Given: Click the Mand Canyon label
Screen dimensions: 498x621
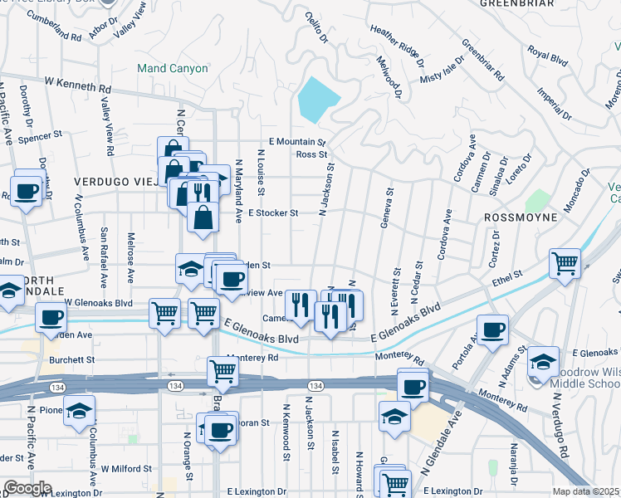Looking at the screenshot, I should [173, 68].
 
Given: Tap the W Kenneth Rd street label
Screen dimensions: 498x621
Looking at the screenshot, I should [78, 85].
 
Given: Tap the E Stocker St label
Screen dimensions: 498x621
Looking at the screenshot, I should [271, 213].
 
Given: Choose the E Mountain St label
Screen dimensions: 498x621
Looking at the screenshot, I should [294, 142].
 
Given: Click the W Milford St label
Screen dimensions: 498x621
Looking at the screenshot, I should [125, 468].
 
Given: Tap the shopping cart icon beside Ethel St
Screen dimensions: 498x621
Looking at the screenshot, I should [565, 262].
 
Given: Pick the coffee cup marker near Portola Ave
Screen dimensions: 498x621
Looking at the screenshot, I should [492, 329].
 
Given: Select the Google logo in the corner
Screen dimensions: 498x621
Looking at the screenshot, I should [27, 488].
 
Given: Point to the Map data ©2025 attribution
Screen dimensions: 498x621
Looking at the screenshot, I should [586, 491].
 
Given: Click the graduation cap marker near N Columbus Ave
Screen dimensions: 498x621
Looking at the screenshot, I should [79, 410].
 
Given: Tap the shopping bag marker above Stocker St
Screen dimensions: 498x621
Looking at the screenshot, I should [202, 217].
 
